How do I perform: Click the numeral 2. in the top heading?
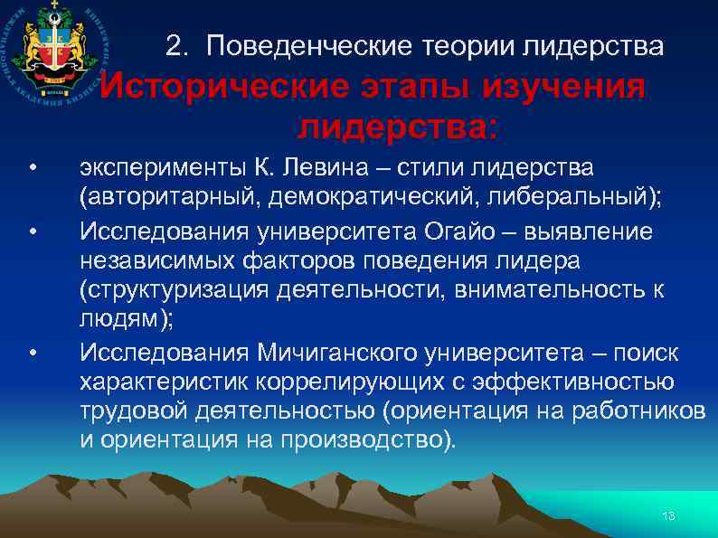(179, 45)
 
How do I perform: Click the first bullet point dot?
(32, 169)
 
